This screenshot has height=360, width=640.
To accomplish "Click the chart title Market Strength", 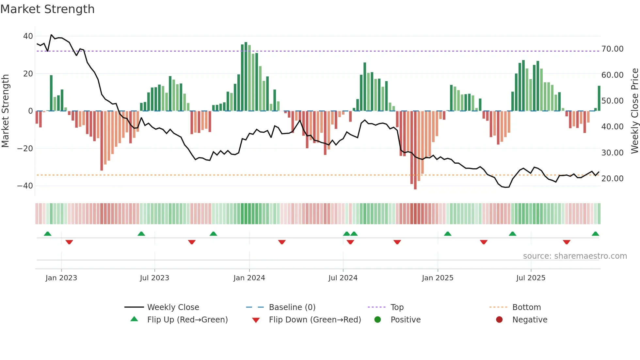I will click(x=47, y=9).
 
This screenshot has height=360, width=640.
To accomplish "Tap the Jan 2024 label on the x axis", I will click(x=249, y=278).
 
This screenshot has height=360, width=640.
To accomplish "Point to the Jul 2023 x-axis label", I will click(x=154, y=278).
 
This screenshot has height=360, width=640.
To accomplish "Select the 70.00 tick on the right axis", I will click(x=612, y=49).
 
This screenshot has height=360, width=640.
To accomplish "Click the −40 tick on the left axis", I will click(x=25, y=186).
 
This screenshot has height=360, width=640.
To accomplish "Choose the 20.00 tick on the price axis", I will click(x=612, y=179).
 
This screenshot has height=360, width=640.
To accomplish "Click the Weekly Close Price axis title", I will click(x=634, y=111).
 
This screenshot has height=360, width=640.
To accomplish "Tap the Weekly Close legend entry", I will click(x=173, y=307).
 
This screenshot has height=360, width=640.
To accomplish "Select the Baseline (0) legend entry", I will click(x=292, y=307).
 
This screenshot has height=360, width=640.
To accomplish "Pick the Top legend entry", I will click(x=397, y=307).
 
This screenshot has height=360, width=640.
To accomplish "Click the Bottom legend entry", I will click(x=526, y=307).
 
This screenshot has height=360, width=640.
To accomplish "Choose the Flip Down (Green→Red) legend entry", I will click(x=314, y=320).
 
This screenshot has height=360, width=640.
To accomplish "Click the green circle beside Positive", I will click(x=378, y=320).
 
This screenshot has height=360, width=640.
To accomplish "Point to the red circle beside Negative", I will click(x=499, y=320).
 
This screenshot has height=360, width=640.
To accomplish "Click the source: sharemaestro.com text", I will click(x=575, y=256).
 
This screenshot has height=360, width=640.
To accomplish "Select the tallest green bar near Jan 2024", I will click(x=246, y=77).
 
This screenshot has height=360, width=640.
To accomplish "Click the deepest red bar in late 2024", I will click(x=415, y=150).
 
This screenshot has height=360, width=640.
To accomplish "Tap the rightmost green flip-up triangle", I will click(x=595, y=234).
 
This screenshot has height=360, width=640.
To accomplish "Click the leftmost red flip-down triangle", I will click(x=69, y=242).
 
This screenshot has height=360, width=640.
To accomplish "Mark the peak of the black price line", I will click(x=51, y=35).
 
